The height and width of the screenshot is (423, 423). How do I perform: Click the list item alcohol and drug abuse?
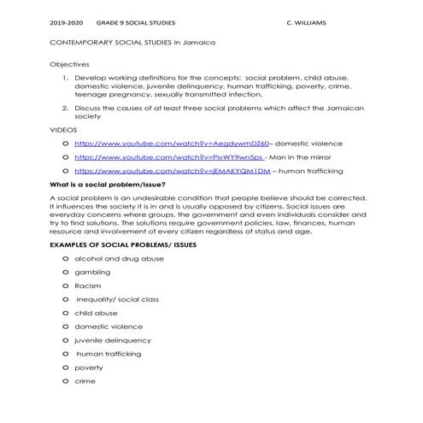click(119, 258)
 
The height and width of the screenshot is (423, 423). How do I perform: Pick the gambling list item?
click(92, 272)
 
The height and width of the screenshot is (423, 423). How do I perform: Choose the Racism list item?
click(88, 285)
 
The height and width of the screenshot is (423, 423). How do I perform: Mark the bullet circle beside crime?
click(66, 381)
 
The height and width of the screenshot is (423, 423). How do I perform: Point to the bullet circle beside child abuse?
click(66, 313)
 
